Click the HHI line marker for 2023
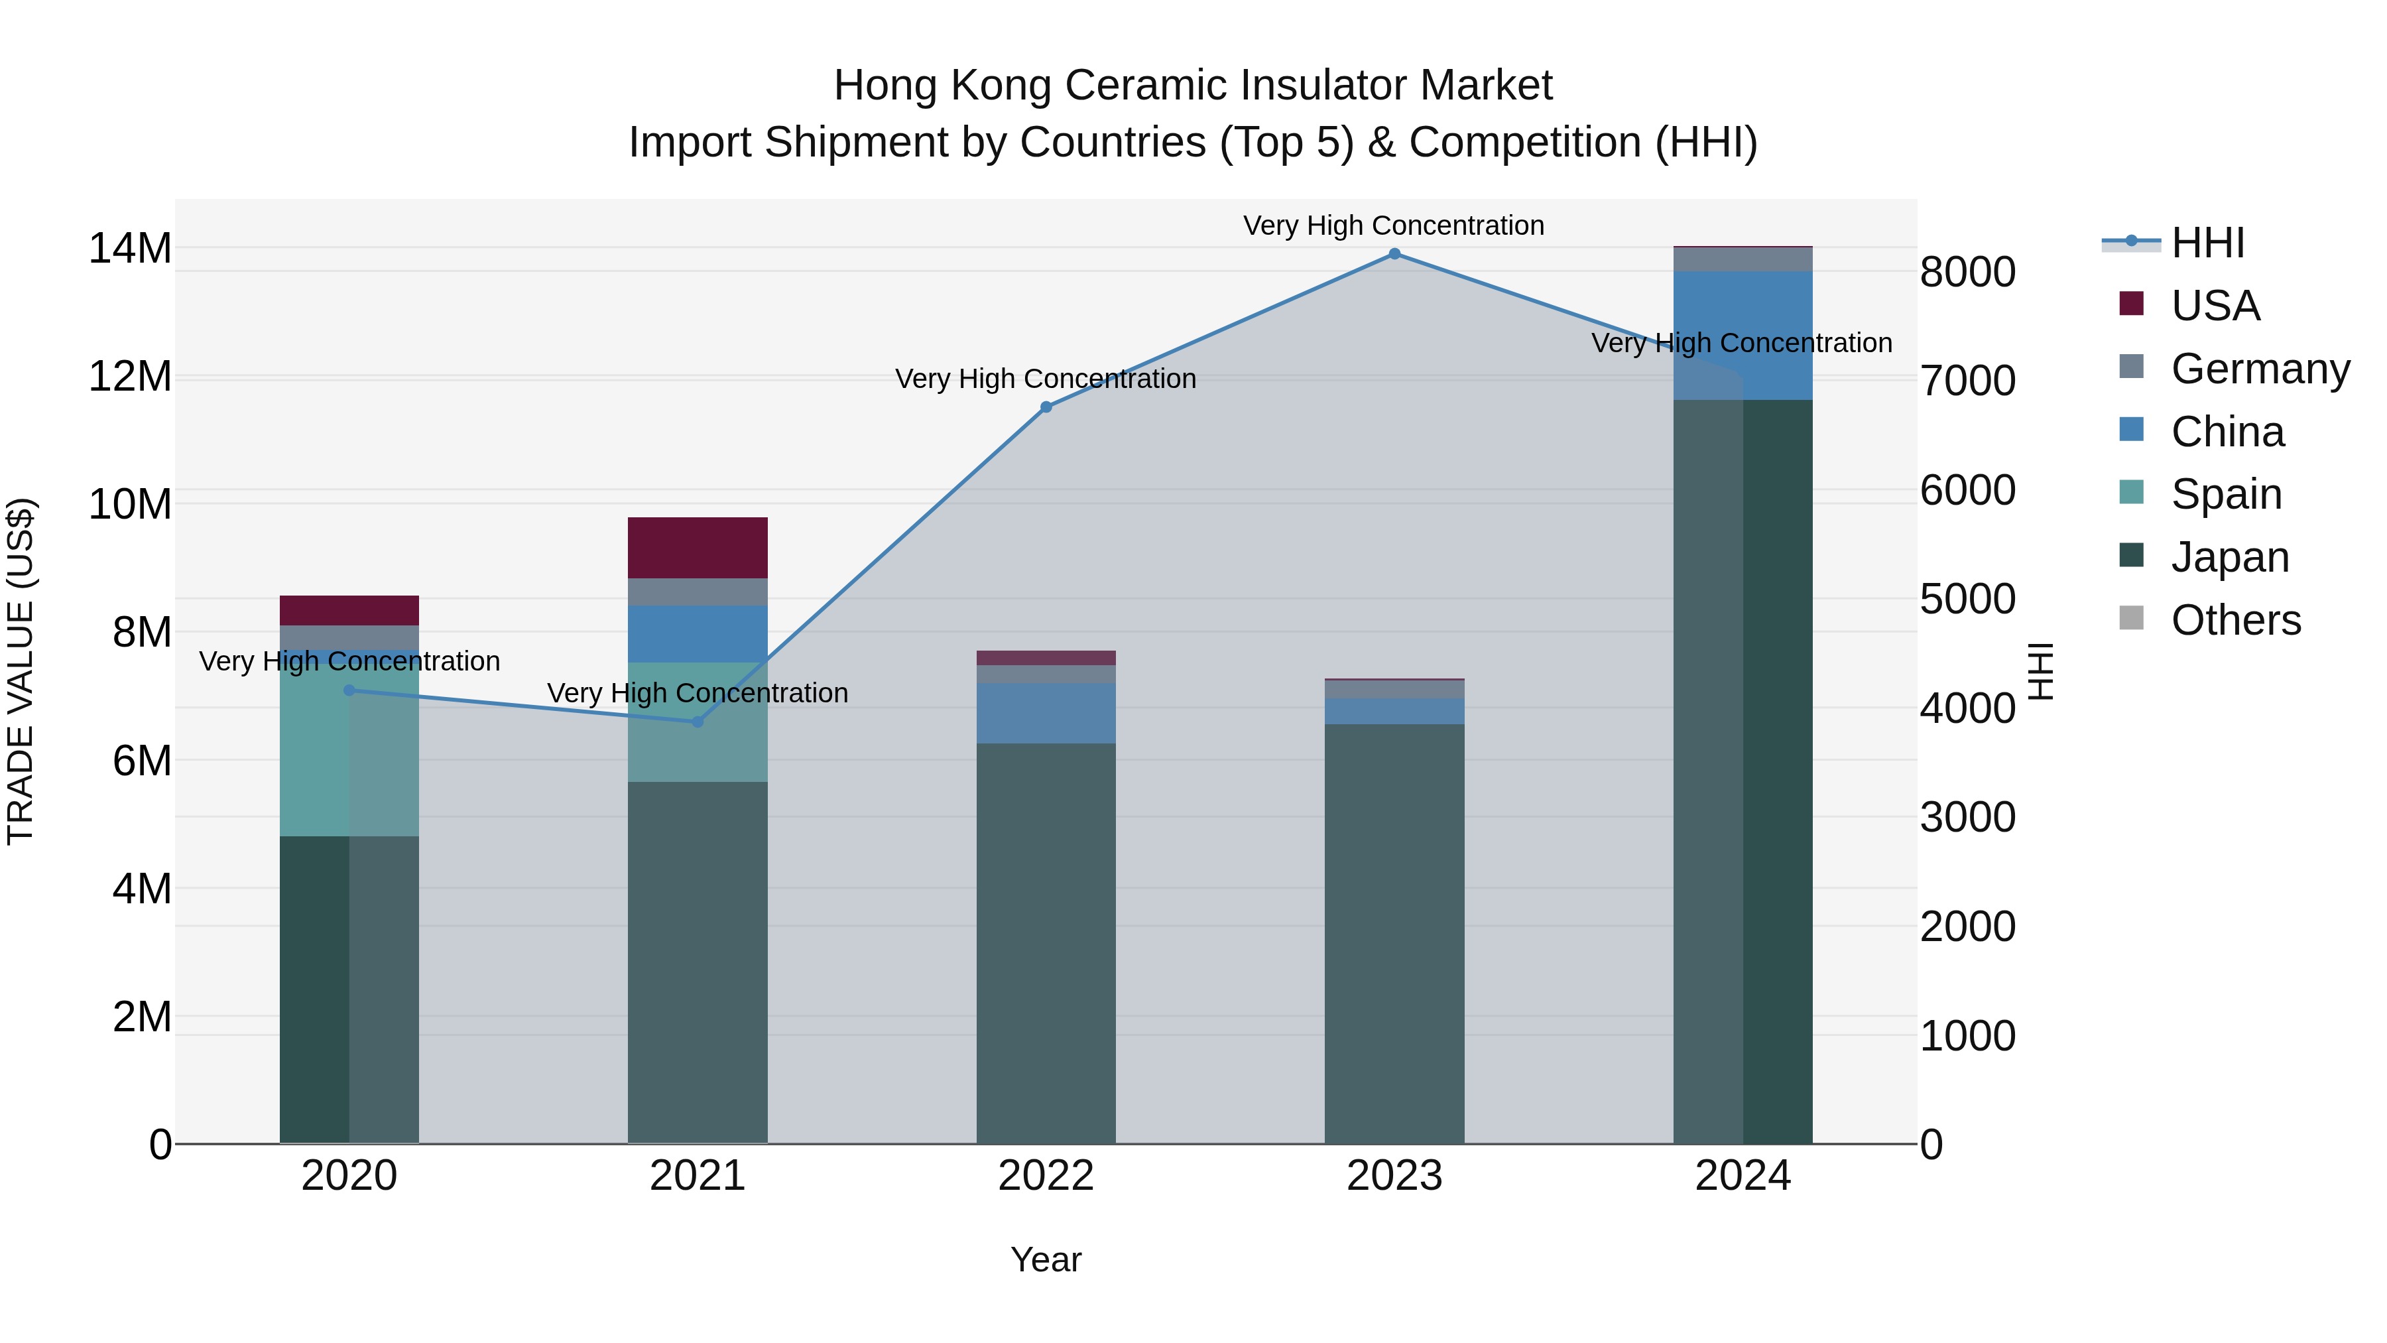(x=1394, y=254)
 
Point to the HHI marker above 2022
(x=1046, y=407)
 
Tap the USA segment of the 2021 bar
(x=698, y=548)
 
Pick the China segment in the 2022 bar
(x=1046, y=714)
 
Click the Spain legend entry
(x=2226, y=494)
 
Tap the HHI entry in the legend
(x=2207, y=243)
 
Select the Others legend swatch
(x=2131, y=618)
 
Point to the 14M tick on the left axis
(x=130, y=249)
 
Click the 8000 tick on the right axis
(x=1967, y=273)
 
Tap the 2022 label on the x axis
(x=1046, y=1176)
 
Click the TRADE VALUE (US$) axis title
(x=21, y=671)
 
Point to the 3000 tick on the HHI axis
(x=1967, y=818)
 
